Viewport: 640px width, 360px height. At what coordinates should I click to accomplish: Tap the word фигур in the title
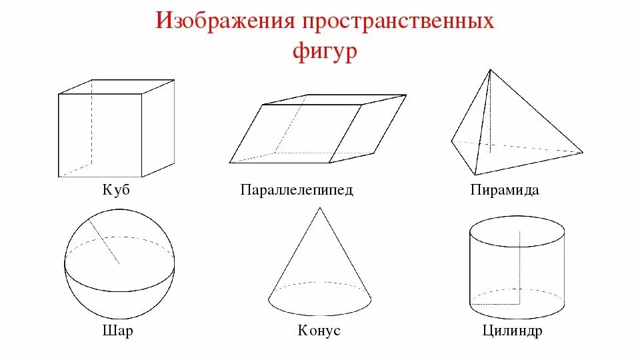[x=325, y=51]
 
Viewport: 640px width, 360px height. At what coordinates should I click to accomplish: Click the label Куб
[x=116, y=190]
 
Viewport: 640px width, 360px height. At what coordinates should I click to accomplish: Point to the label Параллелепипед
[x=297, y=190]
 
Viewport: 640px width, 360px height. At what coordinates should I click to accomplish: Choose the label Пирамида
[x=504, y=190]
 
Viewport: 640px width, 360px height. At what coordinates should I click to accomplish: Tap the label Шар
[x=118, y=331]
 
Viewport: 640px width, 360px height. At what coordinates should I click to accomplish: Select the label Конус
[x=319, y=331]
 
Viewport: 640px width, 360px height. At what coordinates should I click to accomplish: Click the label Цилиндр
[x=511, y=331]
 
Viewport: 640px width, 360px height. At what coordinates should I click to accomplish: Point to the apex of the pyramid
[x=490, y=69]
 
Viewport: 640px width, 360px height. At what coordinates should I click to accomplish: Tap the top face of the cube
[x=117, y=87]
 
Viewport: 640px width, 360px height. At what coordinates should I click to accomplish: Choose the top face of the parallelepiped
[x=333, y=100]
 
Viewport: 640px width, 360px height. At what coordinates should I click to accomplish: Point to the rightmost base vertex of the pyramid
[x=583, y=152]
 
